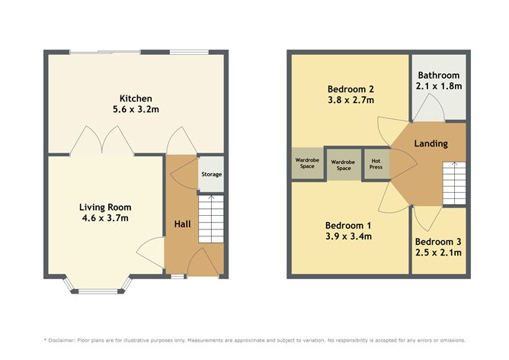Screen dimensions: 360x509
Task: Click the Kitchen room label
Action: [x=136, y=98]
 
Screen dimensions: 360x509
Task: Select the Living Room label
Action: [x=105, y=207]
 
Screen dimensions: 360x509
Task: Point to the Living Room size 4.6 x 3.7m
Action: [x=105, y=218]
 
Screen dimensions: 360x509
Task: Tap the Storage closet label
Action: [x=211, y=175]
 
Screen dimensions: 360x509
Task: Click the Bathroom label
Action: [x=439, y=76]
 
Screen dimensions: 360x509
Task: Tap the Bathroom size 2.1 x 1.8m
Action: [x=439, y=87]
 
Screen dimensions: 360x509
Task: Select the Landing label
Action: [x=431, y=143]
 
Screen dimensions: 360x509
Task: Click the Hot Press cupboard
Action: [x=376, y=163]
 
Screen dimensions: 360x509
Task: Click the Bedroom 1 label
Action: [x=348, y=225]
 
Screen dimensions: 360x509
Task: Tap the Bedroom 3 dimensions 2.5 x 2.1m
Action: [x=439, y=252]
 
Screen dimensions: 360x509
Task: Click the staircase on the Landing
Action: [x=454, y=184]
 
